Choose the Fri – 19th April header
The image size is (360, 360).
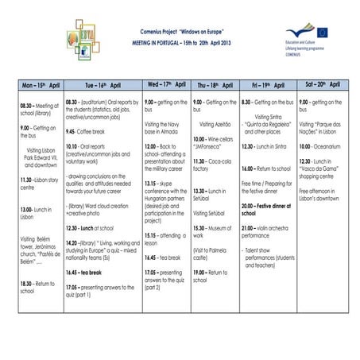click(268, 84)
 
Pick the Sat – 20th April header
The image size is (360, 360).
click(325, 83)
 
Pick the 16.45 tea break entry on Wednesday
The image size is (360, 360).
click(163, 257)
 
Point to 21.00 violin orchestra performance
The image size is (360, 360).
click(268, 231)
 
